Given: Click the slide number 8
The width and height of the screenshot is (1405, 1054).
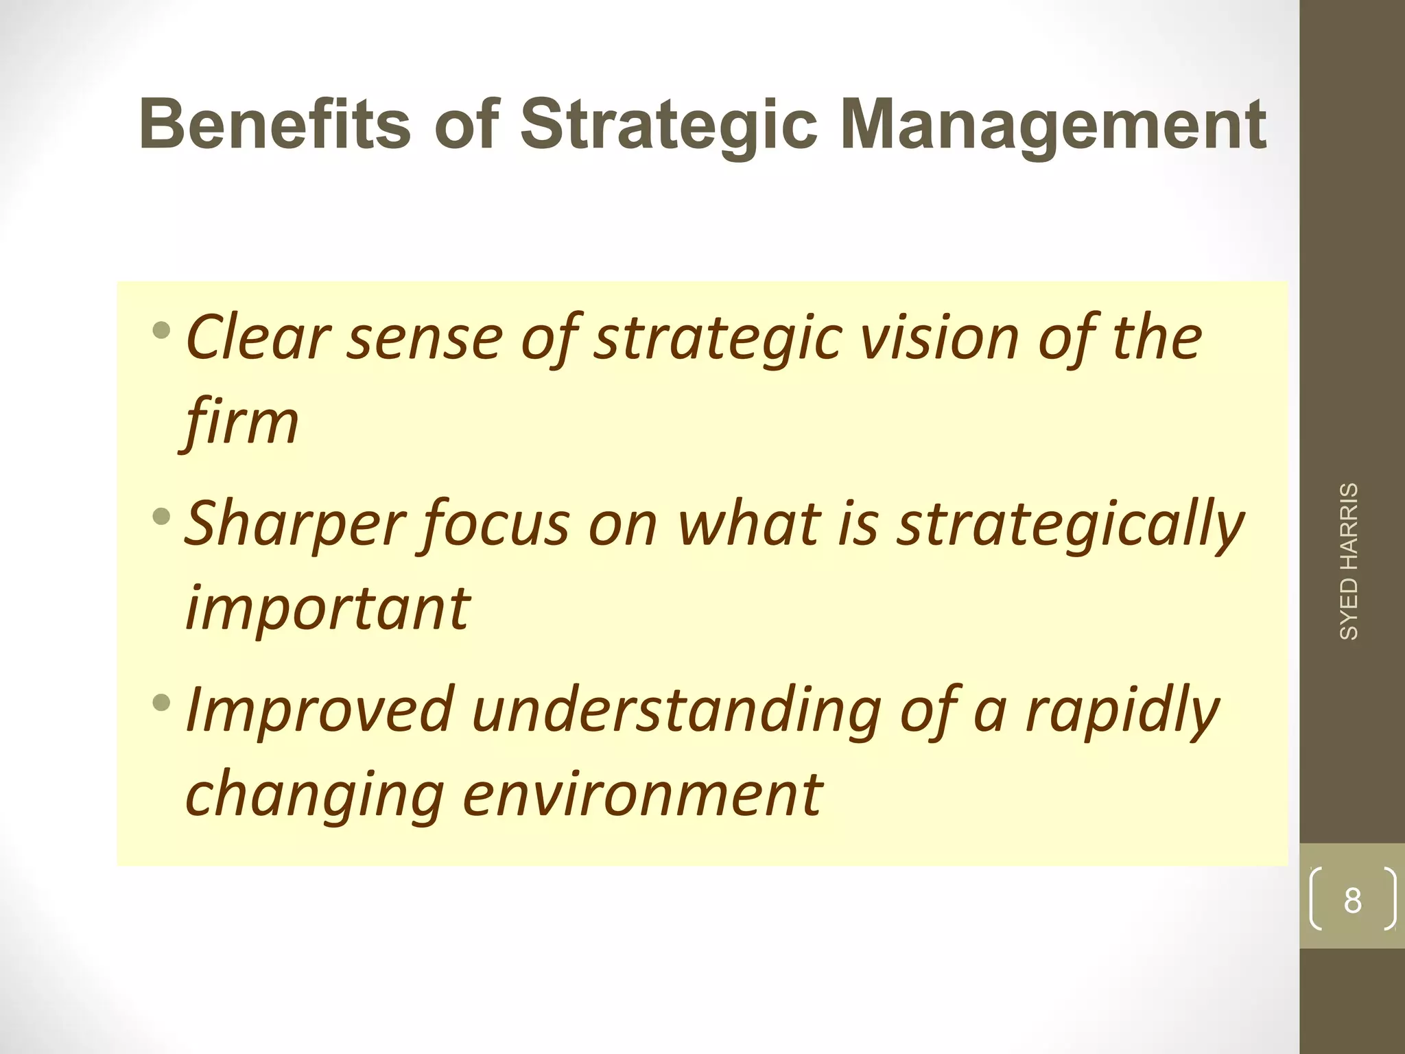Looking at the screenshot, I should click(x=1352, y=901).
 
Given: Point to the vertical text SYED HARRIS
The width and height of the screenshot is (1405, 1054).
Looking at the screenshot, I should click(x=1349, y=561).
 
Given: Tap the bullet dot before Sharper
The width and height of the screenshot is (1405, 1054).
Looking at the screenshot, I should click(x=162, y=515).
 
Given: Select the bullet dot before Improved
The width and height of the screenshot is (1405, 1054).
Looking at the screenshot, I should click(x=162, y=701).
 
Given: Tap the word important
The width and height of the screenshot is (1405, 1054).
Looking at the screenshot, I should click(x=327, y=607).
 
